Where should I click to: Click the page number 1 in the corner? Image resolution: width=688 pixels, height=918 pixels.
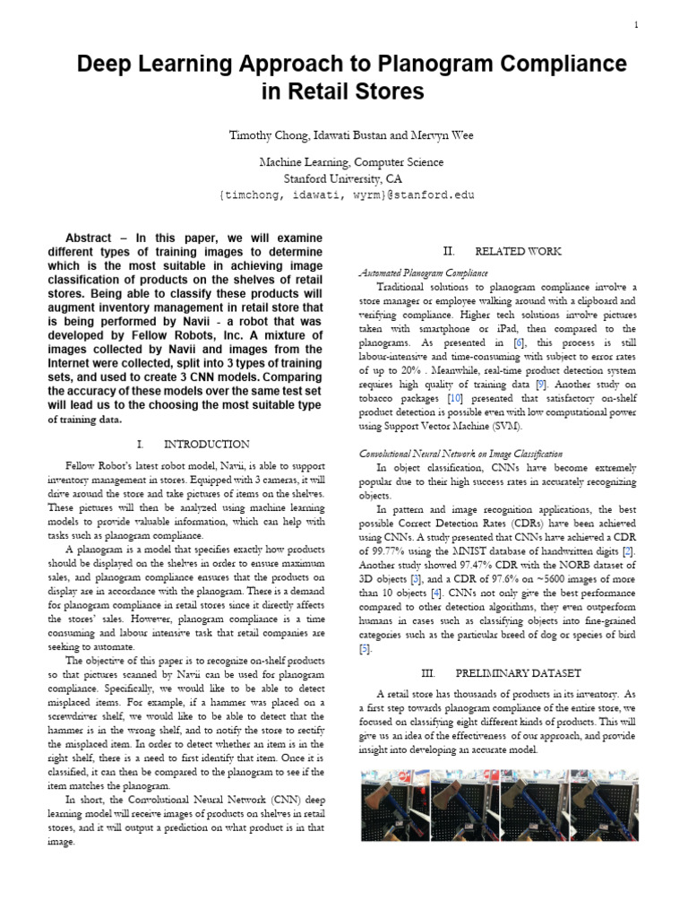636,24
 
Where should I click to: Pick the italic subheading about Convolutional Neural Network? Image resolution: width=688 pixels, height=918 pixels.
460,454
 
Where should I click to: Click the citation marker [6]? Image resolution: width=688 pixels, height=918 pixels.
519,342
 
